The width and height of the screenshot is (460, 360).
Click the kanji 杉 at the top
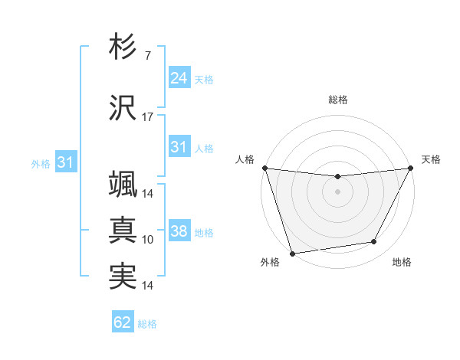click(123, 47)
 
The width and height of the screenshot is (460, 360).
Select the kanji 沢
click(123, 107)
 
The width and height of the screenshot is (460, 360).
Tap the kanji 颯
click(123, 184)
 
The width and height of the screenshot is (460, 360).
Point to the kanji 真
click(123, 230)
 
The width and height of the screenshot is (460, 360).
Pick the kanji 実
click(123, 276)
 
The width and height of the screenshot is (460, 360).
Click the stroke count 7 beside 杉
click(147, 56)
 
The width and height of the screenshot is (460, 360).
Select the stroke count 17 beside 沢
click(148, 117)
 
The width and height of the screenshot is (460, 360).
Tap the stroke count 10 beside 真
click(148, 240)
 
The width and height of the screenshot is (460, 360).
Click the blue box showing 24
click(179, 78)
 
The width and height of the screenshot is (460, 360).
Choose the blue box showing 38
click(179, 231)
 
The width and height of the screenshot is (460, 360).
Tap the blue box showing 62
click(122, 322)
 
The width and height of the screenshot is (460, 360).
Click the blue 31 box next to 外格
click(65, 162)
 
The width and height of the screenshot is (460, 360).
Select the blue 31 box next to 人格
click(179, 147)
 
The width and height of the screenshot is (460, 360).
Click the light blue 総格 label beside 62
click(147, 324)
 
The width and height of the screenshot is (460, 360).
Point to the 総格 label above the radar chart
click(337, 100)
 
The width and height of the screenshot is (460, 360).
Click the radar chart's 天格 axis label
click(432, 159)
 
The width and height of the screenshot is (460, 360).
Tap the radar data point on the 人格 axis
click(264, 168)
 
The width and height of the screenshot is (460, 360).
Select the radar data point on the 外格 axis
click(292, 253)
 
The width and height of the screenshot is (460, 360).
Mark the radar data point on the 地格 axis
click(374, 242)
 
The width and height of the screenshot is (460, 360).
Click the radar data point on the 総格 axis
click(337, 177)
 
